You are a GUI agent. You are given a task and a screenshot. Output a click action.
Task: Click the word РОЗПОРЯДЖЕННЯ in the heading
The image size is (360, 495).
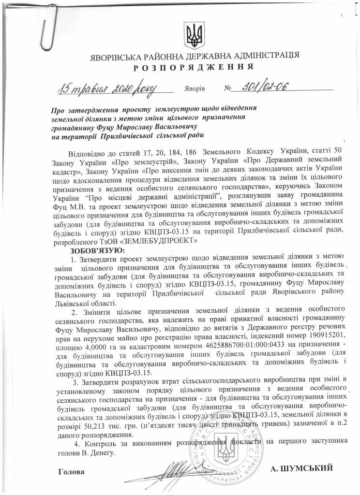197,66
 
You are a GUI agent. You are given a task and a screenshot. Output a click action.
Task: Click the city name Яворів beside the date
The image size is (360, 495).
195,90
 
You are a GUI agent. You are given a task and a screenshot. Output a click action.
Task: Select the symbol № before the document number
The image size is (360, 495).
228,90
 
